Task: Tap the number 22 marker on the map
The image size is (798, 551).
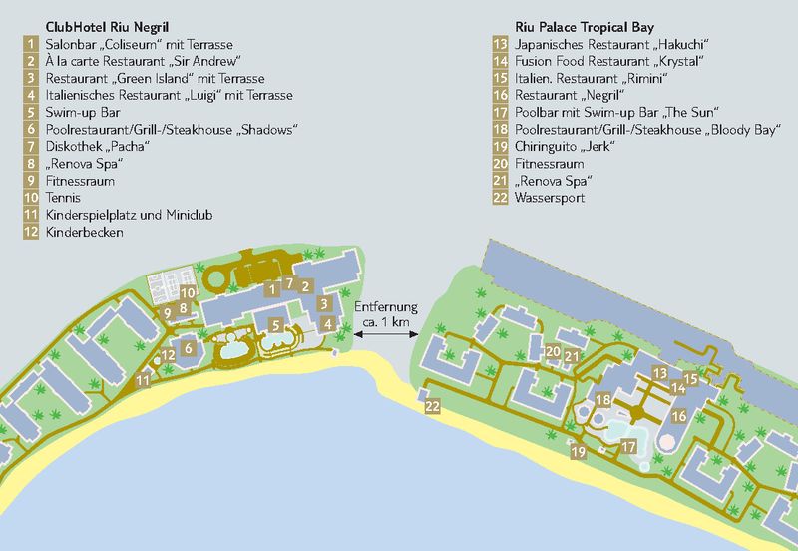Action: pos(432,407)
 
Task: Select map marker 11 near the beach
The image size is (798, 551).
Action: pos(145,379)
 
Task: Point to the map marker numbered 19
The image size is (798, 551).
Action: pos(578,453)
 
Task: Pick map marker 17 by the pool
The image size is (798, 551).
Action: pos(628,447)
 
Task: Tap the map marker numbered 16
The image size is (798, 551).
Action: pos(679,415)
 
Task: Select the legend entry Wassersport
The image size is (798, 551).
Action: pos(550,198)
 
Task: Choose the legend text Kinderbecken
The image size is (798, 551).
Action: pos(85,232)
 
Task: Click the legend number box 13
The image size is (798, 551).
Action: pos(502,44)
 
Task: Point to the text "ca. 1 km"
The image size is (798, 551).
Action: pos(384,322)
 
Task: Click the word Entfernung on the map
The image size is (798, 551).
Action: pos(386,307)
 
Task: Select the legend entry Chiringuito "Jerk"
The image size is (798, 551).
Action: pos(566,146)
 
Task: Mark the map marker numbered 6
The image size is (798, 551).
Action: pos(188,350)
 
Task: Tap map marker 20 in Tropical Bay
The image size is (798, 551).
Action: pos(553,350)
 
